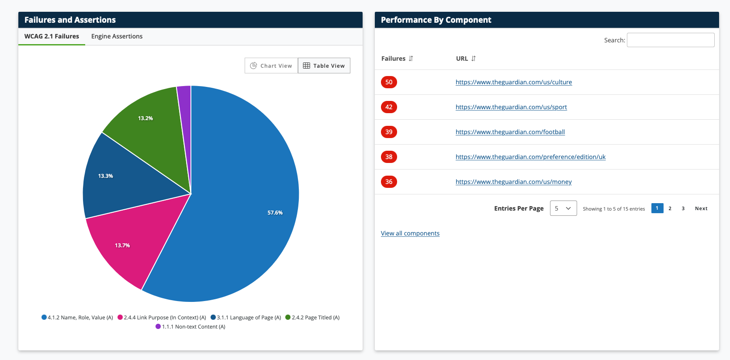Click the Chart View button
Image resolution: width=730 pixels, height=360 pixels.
271,66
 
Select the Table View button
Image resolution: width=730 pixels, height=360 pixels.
324,66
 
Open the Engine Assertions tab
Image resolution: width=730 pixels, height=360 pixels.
117,36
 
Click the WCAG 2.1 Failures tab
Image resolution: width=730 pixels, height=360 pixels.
52,36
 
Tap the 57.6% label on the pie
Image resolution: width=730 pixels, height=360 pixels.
275,213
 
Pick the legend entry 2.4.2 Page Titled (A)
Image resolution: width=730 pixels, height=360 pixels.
312,318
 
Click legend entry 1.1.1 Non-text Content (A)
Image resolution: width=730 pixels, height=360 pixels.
190,327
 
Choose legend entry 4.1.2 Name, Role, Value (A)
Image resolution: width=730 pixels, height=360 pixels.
77,318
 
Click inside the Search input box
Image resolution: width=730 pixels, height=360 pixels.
670,40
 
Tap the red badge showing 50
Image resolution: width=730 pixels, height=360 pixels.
389,82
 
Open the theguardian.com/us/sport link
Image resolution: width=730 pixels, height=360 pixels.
511,107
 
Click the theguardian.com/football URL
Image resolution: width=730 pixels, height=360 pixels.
510,132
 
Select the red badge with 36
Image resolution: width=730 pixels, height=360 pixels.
389,182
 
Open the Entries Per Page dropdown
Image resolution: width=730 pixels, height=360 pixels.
563,208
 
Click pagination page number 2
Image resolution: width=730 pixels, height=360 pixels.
670,208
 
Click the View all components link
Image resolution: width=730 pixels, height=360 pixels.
410,233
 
